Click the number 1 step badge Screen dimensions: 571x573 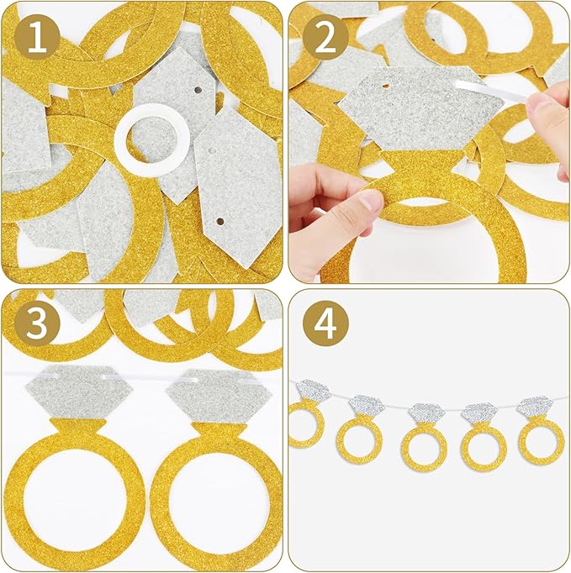(37, 38)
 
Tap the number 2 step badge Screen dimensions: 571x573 (325, 38)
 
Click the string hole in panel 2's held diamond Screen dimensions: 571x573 (385, 86)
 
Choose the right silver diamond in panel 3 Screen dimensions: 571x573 (219, 396)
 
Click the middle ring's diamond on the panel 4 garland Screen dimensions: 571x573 (426, 413)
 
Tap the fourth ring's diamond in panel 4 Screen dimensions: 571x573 (479, 413)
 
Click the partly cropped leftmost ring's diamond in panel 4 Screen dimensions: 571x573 (312, 391)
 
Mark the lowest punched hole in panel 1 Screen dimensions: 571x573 (219, 222)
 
